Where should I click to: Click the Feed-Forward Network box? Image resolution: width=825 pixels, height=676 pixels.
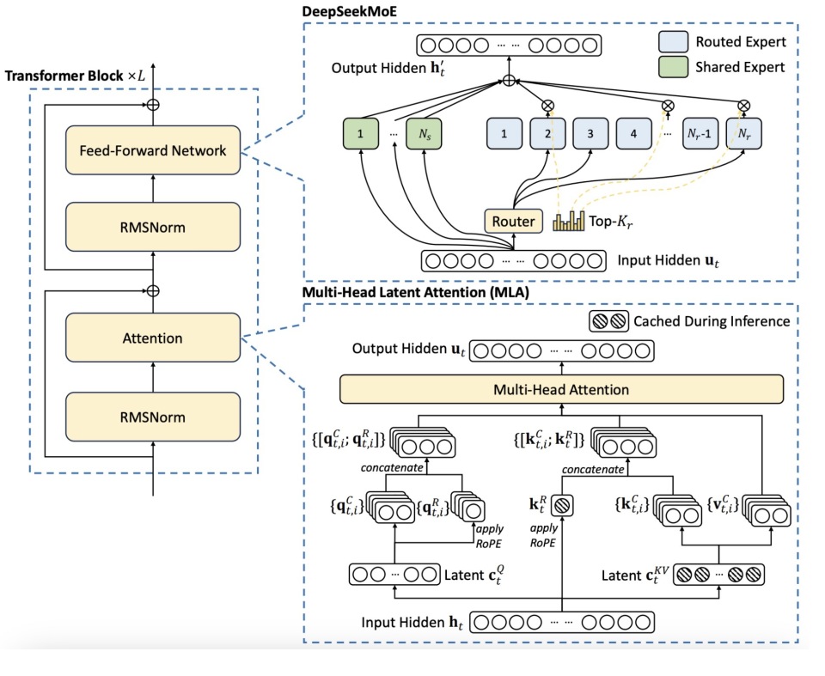(153, 150)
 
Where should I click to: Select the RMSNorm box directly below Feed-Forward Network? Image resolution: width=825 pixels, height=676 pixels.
(153, 227)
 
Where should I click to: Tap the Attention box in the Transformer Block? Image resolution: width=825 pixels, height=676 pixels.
(153, 338)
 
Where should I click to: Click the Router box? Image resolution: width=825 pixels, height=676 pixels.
(513, 222)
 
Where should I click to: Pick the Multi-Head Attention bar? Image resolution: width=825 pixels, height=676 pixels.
(560, 389)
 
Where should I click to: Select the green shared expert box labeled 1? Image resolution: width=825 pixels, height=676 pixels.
(361, 136)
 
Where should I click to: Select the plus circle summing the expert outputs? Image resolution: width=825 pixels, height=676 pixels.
(508, 82)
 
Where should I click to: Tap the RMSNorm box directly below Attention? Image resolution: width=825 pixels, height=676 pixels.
(153, 417)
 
